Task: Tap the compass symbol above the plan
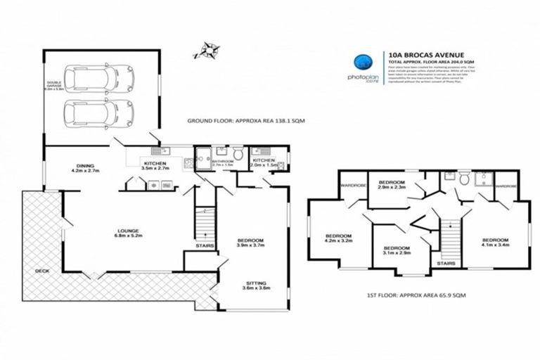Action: point(206,49)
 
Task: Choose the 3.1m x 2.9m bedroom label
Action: point(397,250)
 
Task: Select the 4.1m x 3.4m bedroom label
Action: point(495,241)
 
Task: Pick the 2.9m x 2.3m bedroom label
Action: point(392,184)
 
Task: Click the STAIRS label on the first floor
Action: point(446,263)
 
